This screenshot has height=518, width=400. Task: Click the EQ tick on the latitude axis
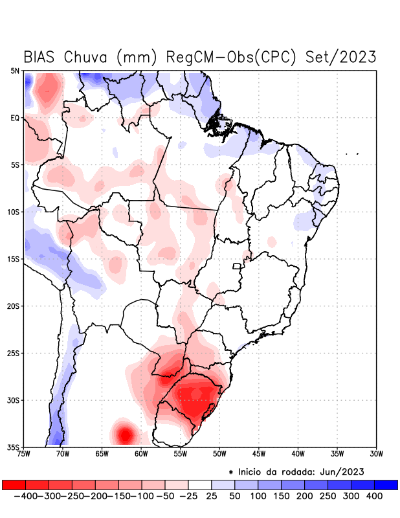15,118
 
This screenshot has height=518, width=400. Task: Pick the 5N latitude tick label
15,71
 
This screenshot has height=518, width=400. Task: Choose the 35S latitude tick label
13,447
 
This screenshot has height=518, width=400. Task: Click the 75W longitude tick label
24,455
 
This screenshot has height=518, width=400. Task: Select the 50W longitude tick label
219,455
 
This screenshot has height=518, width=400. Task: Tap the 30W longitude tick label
376,455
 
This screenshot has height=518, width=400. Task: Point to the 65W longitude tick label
102,455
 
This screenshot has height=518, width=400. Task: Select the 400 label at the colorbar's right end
373,496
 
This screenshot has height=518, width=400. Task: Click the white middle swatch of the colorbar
200,484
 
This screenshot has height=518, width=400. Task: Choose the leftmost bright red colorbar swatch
14,484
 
